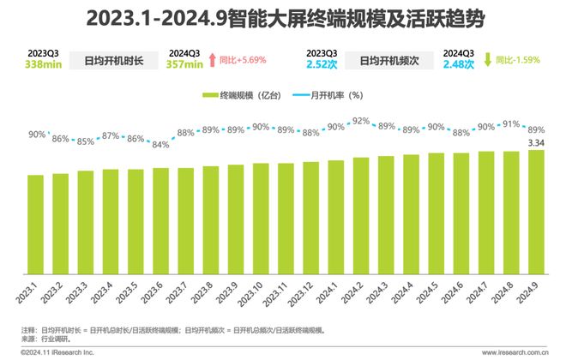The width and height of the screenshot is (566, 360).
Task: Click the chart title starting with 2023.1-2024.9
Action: coord(282,17)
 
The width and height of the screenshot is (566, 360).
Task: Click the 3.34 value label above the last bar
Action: coord(536,142)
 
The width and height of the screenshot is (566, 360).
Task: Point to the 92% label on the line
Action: coord(361,121)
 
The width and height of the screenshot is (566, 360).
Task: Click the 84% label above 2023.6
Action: coord(160,144)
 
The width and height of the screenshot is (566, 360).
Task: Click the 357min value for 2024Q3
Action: coord(185,63)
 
